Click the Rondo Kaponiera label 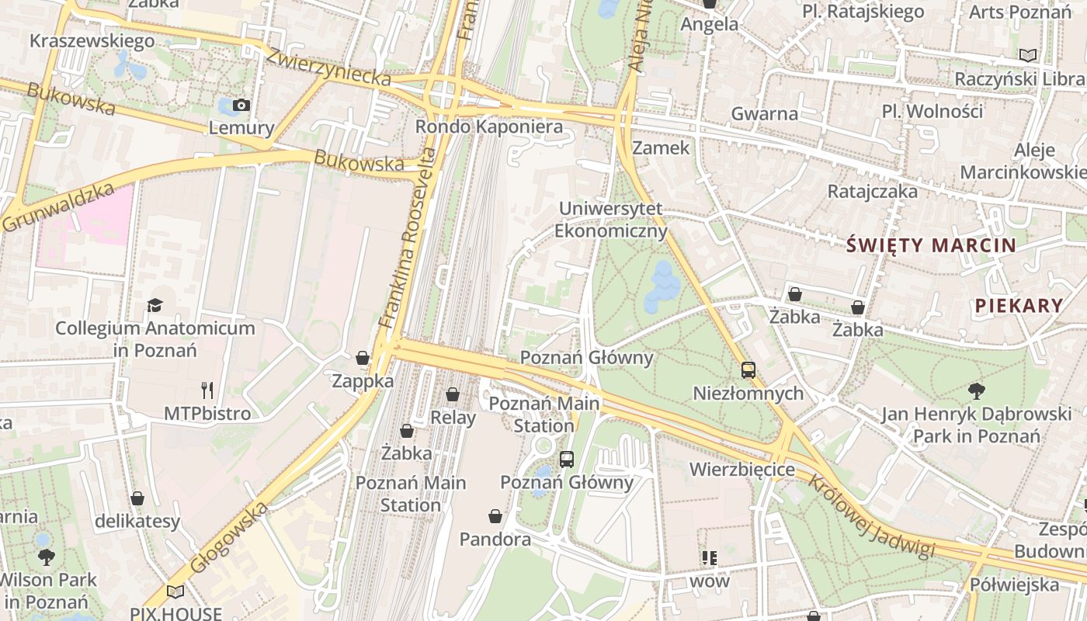tap(488, 127)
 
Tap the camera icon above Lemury tap(241, 106)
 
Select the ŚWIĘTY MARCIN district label tap(931, 246)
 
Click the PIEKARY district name tap(1019, 306)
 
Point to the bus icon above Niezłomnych tap(748, 370)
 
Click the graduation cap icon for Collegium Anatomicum tap(155, 305)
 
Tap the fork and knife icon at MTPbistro tap(207, 390)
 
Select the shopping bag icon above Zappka tap(363, 358)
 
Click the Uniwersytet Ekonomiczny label tap(611, 220)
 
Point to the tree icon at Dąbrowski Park tap(977, 391)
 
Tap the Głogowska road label tap(229, 538)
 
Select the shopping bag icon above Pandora tap(495, 516)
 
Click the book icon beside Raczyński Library tap(1028, 56)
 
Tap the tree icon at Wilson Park tap(47, 557)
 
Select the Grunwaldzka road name tap(59, 207)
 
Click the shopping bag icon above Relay tap(453, 395)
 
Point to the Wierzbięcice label tap(742, 470)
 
